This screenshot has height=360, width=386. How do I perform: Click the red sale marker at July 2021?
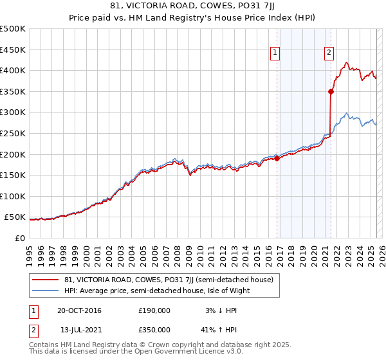pyautogui.click(x=331, y=91)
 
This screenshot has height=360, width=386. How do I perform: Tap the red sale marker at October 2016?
pyautogui.click(x=277, y=158)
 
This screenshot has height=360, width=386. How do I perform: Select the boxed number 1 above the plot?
pyautogui.click(x=275, y=53)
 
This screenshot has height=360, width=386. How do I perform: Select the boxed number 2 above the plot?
pyautogui.click(x=329, y=53)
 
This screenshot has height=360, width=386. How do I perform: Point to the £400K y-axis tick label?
pyautogui.click(x=13, y=70)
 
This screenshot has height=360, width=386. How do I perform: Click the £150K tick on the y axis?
pyautogui.click(x=13, y=175)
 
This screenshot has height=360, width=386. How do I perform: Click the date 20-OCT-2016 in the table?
pyautogui.click(x=79, y=310)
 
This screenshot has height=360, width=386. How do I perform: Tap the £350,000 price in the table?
pyautogui.click(x=154, y=329)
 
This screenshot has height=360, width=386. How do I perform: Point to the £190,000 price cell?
pyautogui.click(x=154, y=310)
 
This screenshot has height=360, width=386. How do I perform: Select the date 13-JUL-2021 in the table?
pyautogui.click(x=78, y=329)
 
